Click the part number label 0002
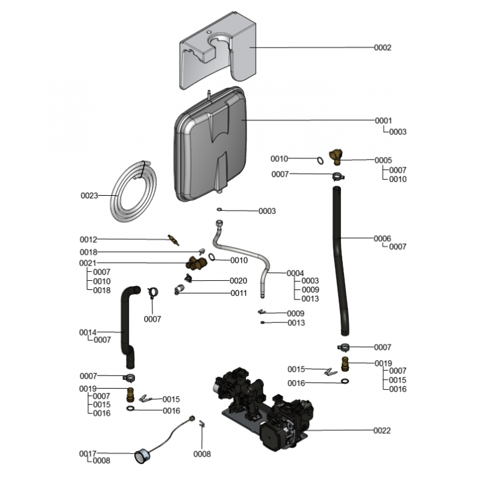click(383, 48)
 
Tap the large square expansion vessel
click(211, 145)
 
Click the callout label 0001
click(383, 120)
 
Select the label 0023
click(89, 195)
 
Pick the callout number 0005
click(383, 160)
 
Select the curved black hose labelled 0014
click(128, 325)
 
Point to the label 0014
click(88, 332)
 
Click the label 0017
click(88, 454)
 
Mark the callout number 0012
click(88, 239)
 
